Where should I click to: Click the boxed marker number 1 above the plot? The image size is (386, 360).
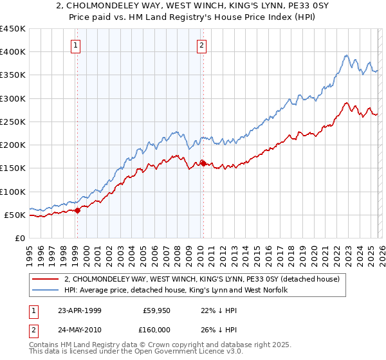[x=77, y=45]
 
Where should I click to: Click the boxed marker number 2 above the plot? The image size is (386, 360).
[x=202, y=45]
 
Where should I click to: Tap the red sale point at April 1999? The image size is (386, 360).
[x=78, y=210]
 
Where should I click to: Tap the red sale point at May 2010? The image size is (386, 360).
[x=203, y=163]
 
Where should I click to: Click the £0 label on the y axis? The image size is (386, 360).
[x=20, y=238]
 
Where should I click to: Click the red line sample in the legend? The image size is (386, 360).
[x=46, y=279]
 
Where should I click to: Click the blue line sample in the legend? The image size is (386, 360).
[x=46, y=290]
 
